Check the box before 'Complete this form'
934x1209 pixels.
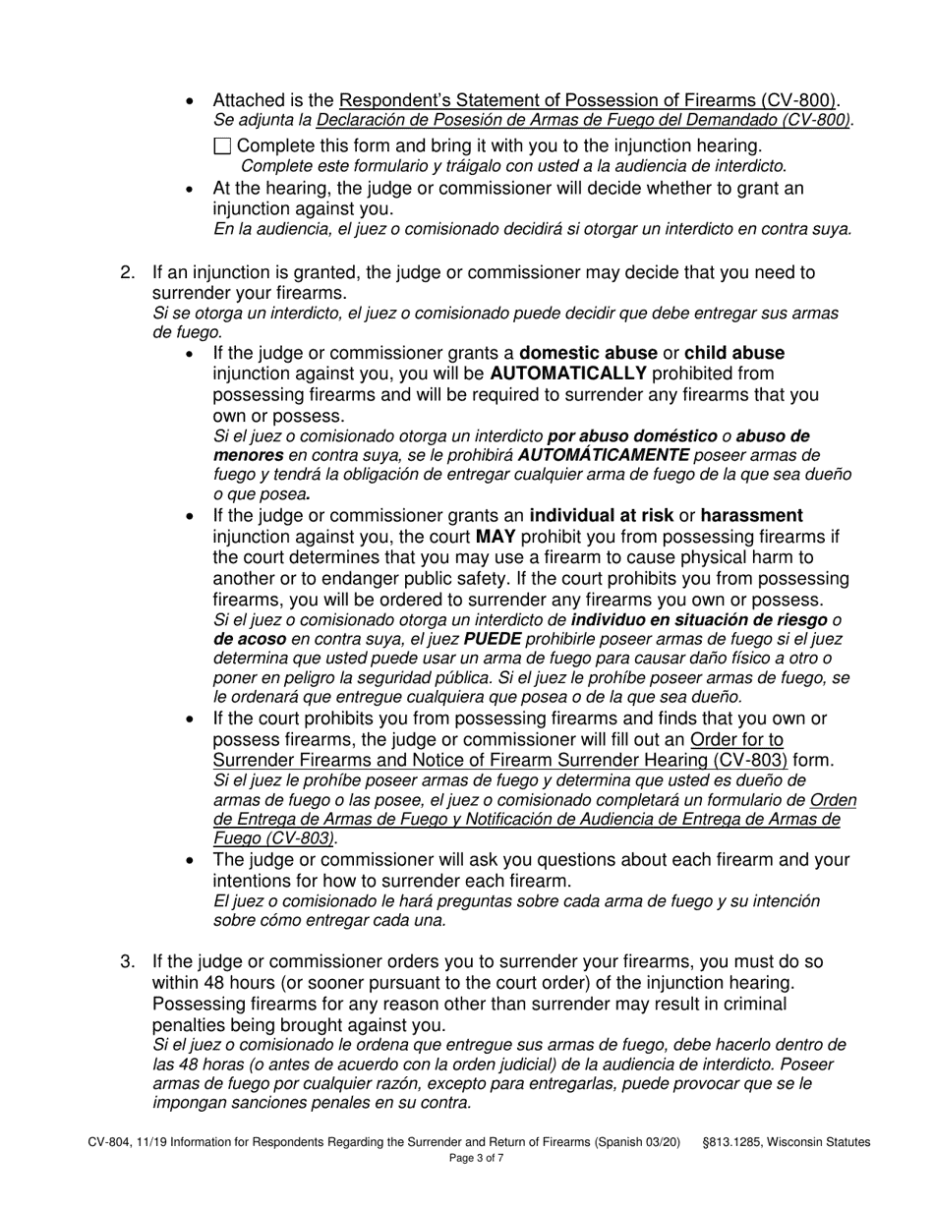222,146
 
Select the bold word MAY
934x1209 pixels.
496,537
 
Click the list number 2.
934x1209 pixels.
128,272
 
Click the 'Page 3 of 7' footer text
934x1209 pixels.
477,1158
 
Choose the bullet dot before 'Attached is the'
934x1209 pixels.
191,100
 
